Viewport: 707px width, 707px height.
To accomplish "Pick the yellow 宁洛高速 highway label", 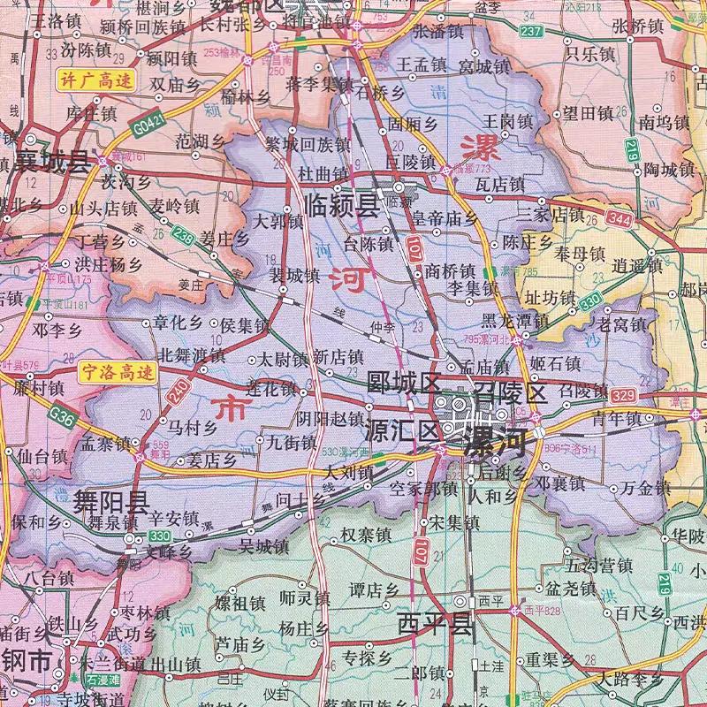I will (116, 371).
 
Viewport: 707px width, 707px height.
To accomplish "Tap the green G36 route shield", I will (63, 412).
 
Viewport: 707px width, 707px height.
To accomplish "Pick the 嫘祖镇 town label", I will (239, 605).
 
